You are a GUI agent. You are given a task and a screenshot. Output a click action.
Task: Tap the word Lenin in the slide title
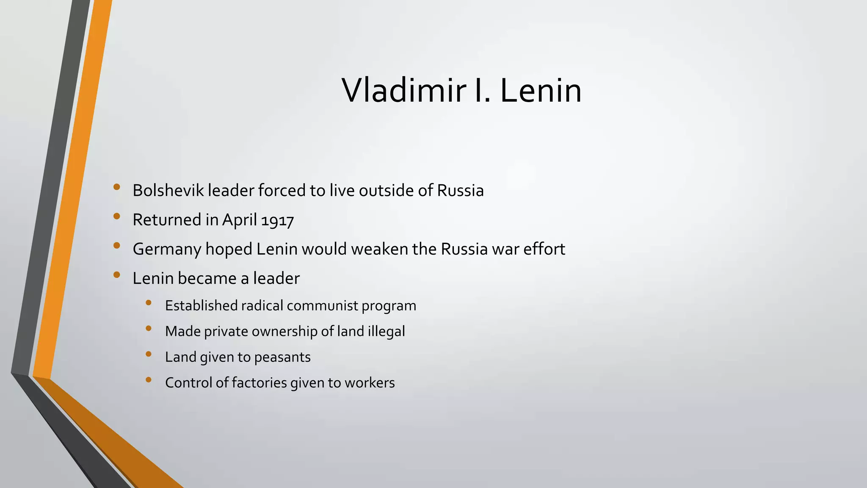(x=541, y=91)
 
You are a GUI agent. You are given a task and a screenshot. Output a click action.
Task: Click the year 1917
(x=277, y=220)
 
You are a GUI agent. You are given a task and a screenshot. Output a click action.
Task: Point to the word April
(x=240, y=220)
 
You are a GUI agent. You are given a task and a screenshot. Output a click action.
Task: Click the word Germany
(x=167, y=250)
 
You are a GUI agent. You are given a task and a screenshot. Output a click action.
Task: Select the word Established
(x=201, y=306)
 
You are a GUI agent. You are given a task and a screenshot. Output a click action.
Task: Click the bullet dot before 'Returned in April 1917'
(x=117, y=216)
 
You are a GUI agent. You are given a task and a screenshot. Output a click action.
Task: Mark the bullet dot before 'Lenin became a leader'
(x=117, y=275)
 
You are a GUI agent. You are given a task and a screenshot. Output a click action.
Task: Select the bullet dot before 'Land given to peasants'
(x=148, y=354)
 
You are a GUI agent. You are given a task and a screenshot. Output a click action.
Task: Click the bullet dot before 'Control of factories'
(x=148, y=380)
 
